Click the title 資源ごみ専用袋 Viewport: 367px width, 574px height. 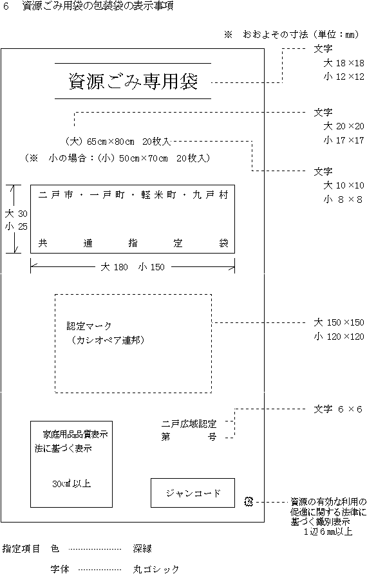[133, 81]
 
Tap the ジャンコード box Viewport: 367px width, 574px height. [193, 493]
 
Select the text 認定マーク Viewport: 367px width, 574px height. [89, 326]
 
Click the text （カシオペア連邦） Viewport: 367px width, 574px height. [108, 340]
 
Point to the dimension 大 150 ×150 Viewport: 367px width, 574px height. [339, 322]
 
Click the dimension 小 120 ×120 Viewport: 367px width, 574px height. [339, 337]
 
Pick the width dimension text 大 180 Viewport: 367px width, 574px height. [114, 267]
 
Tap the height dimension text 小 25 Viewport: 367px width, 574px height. [16, 227]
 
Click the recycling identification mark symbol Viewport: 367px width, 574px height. [249, 501]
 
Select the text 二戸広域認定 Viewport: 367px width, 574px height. [189, 424]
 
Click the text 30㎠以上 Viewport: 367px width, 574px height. [71, 483]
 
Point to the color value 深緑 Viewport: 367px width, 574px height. [142, 548]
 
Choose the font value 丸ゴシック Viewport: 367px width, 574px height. [156, 569]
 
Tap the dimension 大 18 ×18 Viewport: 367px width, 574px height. [344, 63]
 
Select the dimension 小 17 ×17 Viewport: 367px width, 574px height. [344, 140]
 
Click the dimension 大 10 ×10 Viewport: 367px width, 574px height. [344, 185]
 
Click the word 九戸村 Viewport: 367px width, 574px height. [211, 195]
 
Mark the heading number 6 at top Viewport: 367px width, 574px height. [6, 6]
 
